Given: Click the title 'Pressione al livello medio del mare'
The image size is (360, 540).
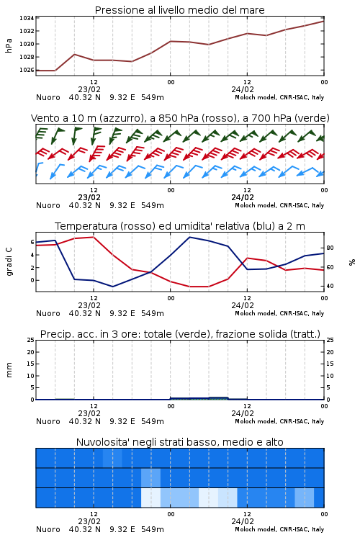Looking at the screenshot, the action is coord(179,10).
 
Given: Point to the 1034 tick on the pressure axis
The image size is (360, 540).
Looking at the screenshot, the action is coord(27,18).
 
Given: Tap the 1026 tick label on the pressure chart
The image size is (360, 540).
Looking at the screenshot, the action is coord(27,71).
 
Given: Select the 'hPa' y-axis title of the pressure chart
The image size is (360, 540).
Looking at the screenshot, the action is coord(9,45).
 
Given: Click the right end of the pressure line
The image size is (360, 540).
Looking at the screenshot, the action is coord(324,22).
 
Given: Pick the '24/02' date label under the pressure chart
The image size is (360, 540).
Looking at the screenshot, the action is coord(243,89).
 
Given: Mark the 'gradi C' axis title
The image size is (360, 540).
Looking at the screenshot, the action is coord(9,262).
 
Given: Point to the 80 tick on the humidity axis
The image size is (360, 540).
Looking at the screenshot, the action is coord(330,248).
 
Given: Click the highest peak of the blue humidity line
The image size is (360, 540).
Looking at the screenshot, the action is coord(190,238).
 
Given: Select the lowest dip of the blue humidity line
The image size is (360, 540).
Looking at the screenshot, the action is coord(112,287).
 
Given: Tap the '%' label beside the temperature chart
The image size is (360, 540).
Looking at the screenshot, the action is coord(352,262).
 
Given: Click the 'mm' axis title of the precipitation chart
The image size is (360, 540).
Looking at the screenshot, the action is coord(9,370).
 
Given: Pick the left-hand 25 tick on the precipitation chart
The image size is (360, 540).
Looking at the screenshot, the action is coord(31,341).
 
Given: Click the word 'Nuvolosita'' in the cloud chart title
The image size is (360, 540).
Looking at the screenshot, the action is coord(99,442).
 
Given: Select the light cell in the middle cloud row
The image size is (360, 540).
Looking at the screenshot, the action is coord(151,478).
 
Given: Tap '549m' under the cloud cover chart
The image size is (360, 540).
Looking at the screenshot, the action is coord(153,529).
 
